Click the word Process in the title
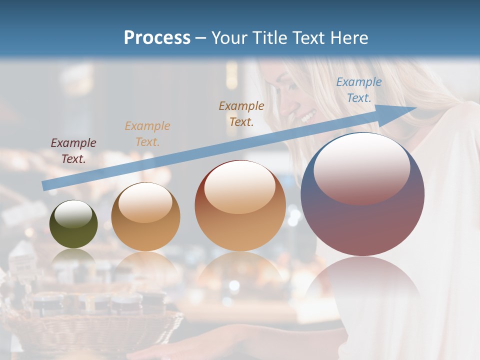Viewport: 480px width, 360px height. [157, 38]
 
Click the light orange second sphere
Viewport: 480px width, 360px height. [145, 216]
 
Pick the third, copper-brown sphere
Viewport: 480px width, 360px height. [240, 205]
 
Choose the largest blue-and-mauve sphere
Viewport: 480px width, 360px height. [362, 194]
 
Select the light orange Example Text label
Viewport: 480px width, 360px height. [147, 134]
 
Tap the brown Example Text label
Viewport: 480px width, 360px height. [241, 113]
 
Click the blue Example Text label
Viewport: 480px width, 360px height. [358, 90]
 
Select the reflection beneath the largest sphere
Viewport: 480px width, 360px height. [362, 290]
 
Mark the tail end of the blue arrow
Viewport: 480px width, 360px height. [45, 185]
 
